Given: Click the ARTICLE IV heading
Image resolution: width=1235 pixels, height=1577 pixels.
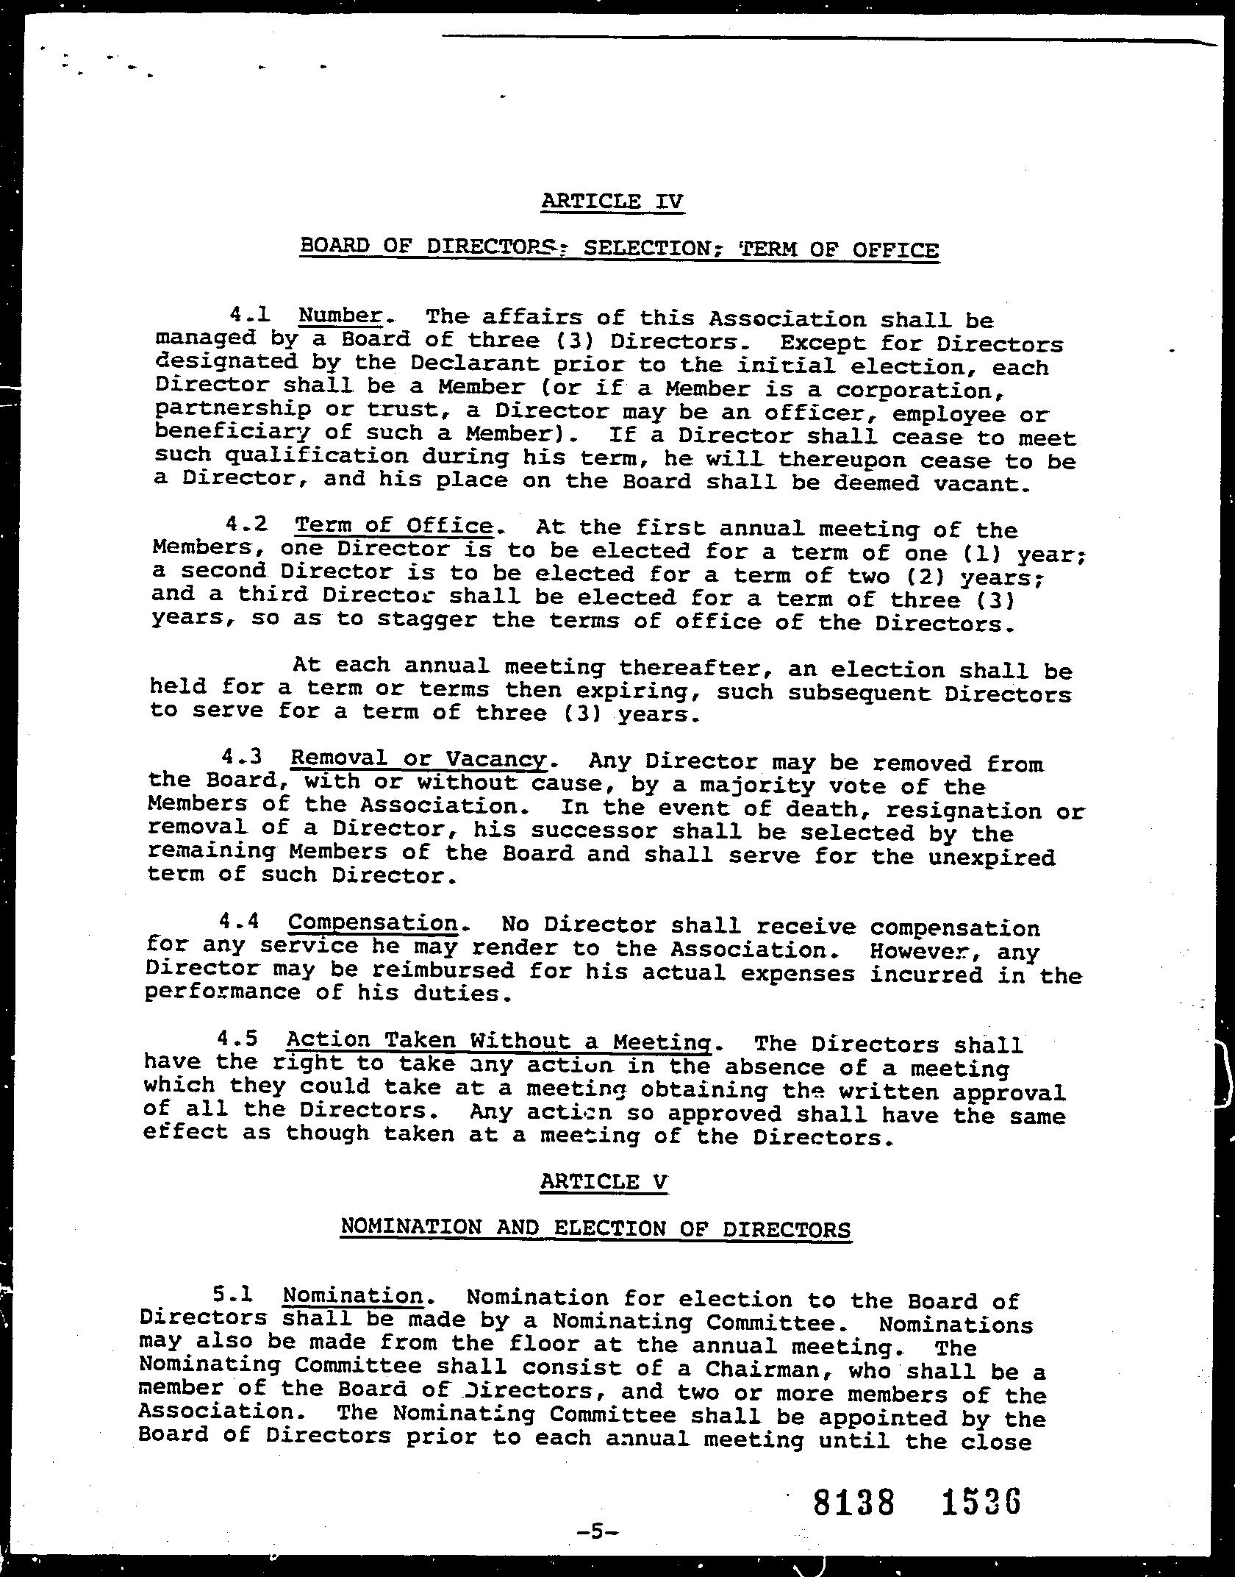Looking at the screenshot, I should point(612,201).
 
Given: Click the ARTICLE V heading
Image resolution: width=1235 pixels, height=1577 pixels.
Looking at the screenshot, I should point(604,1181).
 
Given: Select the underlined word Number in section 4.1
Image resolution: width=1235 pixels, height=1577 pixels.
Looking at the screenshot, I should point(340,316).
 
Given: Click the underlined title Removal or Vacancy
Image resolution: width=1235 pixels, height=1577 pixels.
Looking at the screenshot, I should point(418,758).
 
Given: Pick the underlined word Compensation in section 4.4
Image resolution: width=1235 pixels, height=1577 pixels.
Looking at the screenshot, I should point(373,922).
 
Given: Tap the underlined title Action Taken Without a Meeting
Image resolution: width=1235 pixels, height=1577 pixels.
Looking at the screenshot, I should point(499,1040).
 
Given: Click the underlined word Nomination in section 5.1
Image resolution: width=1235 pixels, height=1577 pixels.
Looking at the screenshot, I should point(353,1295).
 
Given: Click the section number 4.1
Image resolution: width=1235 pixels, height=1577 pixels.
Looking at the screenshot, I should point(249,315).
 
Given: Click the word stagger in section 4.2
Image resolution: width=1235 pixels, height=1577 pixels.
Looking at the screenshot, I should point(425,619).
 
